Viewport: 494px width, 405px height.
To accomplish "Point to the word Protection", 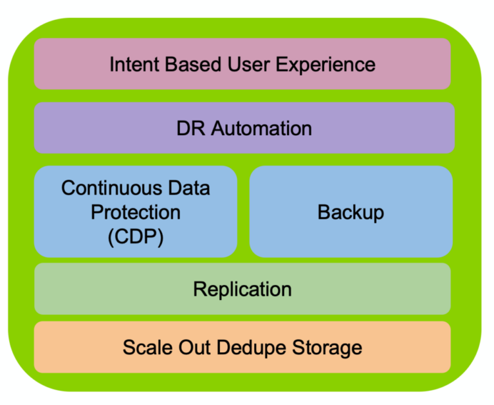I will point(135,212).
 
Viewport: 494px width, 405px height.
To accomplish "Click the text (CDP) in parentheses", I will point(135,236).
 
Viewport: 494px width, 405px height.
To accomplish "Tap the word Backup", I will point(351,212).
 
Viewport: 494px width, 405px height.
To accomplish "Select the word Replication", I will point(242,288).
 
